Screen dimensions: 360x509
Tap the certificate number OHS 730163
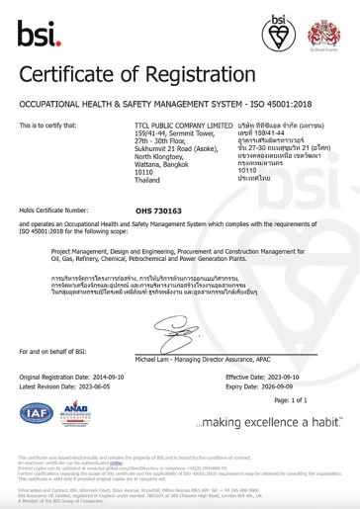click(159, 211)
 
